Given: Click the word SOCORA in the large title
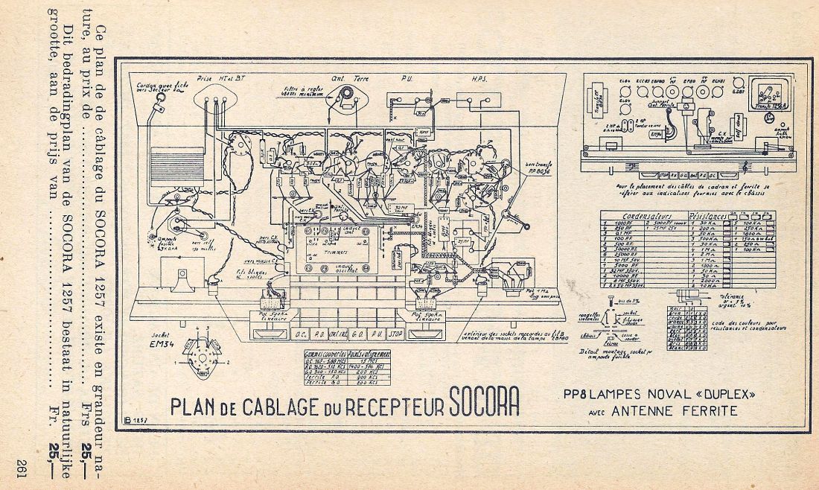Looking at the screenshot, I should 484,402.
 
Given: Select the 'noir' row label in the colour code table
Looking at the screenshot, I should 674,309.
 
